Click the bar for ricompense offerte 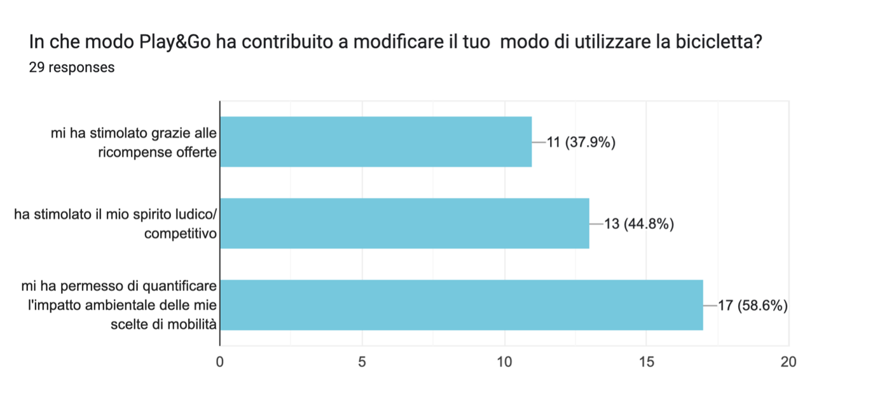376,142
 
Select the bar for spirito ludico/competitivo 404,223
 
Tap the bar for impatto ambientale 462,305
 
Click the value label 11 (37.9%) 581,143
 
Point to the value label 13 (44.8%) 638,224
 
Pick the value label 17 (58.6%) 753,305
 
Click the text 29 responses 72,67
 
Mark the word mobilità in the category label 191,325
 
